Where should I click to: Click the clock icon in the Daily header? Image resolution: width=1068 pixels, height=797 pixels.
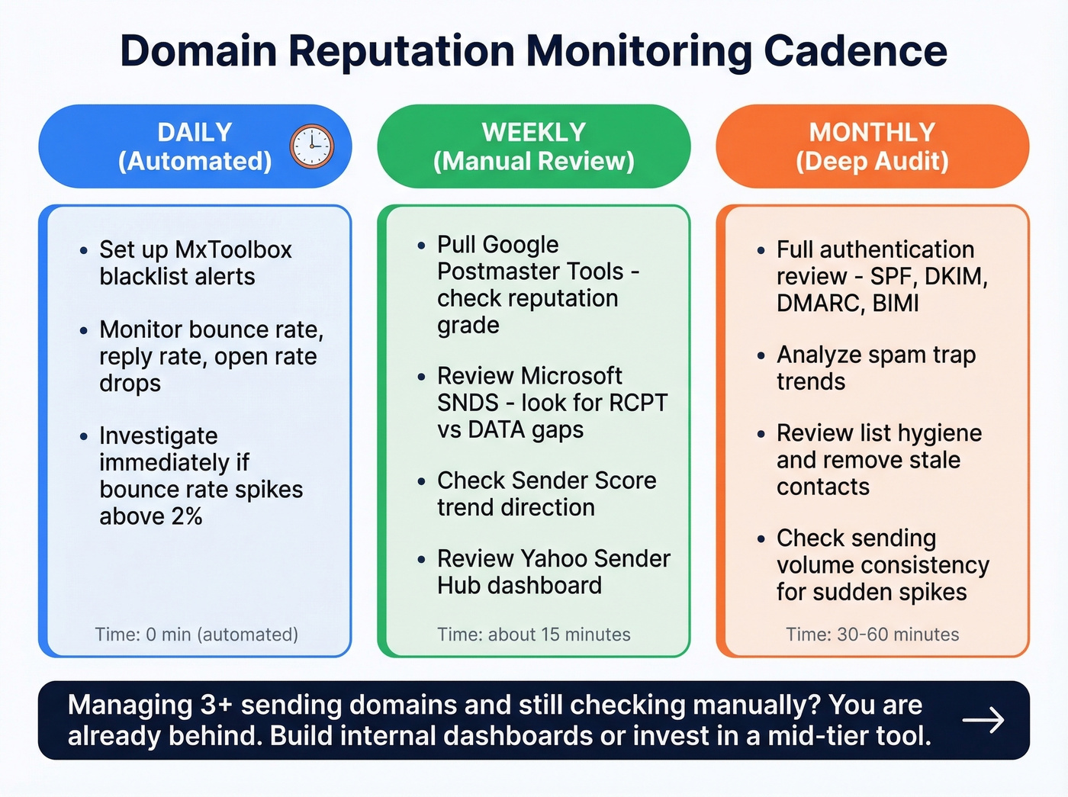coord(312,146)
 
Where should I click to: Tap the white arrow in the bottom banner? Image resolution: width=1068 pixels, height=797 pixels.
coord(983,720)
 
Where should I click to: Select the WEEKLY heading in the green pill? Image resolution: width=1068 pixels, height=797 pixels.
coord(533,132)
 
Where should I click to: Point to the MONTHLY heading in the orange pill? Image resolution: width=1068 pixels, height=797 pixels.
coord(872,132)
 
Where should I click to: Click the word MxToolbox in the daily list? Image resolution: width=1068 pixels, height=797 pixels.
coord(233,249)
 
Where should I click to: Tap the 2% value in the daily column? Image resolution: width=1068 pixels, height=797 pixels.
coord(186,516)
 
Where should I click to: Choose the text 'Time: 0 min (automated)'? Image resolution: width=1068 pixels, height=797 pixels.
coord(196,634)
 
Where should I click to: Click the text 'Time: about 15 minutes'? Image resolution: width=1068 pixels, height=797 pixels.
coord(533,634)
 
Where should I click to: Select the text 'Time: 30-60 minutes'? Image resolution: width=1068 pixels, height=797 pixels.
coord(872,634)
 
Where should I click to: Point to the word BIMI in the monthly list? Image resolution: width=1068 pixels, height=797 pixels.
coord(896,303)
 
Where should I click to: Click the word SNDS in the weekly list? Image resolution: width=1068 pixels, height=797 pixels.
coord(468,403)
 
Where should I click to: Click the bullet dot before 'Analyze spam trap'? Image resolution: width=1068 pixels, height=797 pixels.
coord(761,355)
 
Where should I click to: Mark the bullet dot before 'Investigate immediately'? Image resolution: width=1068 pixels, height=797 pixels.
coord(83,436)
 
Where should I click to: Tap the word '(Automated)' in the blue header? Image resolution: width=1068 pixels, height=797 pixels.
coord(195,161)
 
